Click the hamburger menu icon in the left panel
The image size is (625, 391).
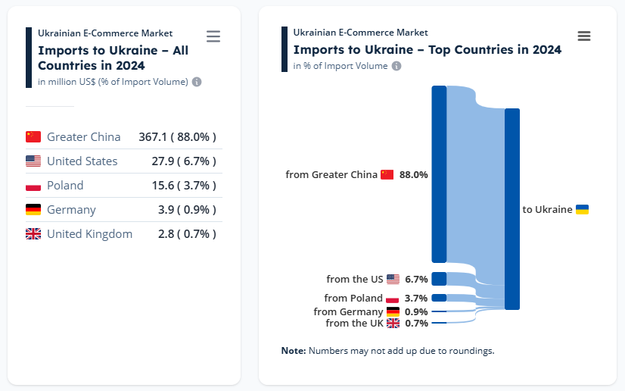click(x=213, y=36)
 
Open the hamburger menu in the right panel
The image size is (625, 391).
click(x=583, y=36)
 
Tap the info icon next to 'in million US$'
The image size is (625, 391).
click(x=197, y=82)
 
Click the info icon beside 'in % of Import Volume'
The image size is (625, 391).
click(x=396, y=66)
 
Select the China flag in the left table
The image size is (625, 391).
click(x=33, y=137)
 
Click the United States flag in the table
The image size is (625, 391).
click(x=33, y=161)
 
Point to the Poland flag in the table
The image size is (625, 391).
click(x=33, y=186)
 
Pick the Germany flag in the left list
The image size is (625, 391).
click(x=33, y=210)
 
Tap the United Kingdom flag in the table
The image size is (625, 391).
click(x=33, y=234)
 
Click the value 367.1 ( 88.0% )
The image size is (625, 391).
click(x=177, y=137)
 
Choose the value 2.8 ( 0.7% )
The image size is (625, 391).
click(x=187, y=234)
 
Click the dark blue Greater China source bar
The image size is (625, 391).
click(x=439, y=174)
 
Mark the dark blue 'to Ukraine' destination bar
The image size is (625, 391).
click(x=512, y=209)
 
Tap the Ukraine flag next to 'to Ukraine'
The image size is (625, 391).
click(x=583, y=209)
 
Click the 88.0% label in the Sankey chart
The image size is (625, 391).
click(x=414, y=175)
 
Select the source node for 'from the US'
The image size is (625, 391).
click(x=439, y=279)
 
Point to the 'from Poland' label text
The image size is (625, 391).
click(x=353, y=299)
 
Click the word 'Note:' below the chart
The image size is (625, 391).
click(x=294, y=351)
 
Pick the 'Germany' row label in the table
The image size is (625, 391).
click(x=71, y=210)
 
